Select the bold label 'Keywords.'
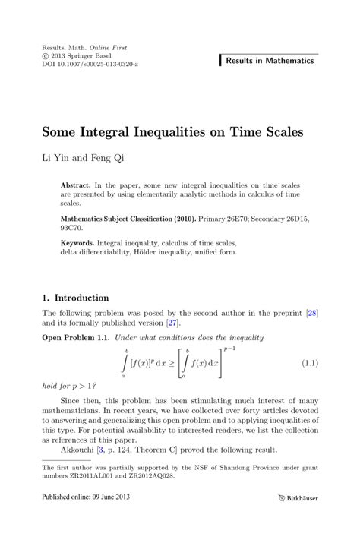(x=81, y=243)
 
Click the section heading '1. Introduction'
(x=75, y=298)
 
